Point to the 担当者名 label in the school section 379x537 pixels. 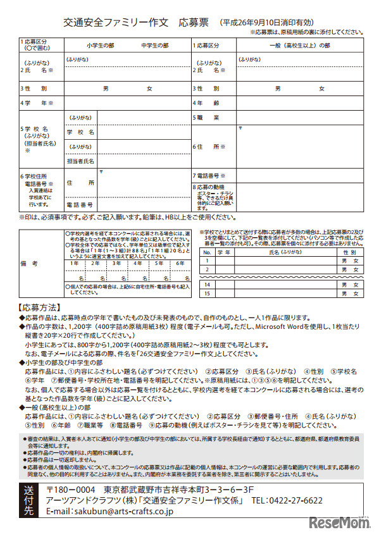pyautogui.click(x=80, y=161)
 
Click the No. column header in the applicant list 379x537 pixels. pyautogui.click(x=206, y=252)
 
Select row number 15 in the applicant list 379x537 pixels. pyautogui.click(x=206, y=294)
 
